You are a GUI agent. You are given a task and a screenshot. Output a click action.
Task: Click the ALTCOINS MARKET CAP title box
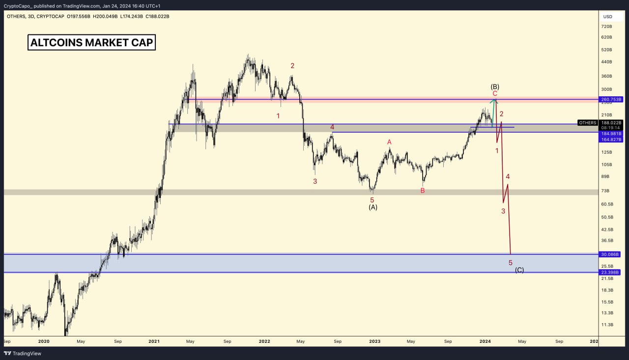coord(92,43)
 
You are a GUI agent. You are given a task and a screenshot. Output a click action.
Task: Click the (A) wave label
coord(373,207)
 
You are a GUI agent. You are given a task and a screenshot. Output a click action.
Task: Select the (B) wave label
coord(495,86)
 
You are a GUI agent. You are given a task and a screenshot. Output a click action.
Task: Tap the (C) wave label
coord(519,270)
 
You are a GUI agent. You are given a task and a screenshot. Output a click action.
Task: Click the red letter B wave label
coord(423,191)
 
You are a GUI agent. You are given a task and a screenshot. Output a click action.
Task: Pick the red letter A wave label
coord(389,142)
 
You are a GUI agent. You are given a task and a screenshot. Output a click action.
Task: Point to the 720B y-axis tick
coord(607,27)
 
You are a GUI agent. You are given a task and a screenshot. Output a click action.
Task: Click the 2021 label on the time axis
coord(154,341)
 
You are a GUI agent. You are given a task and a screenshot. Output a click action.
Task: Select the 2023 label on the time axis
coord(374,341)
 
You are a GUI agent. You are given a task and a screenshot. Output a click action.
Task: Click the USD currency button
coord(608,17)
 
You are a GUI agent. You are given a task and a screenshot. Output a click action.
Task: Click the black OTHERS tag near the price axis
coord(588,123)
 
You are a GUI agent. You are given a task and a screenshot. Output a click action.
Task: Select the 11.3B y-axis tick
coord(607,325)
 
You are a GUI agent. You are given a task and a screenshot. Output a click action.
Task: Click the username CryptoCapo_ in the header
coord(17,6)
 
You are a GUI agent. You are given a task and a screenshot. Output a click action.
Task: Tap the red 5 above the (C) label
coord(511,263)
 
